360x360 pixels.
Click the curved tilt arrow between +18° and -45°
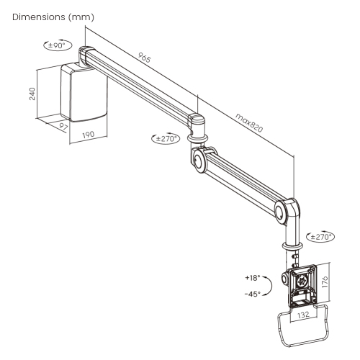click(268, 285)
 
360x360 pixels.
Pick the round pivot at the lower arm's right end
click(280, 211)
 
